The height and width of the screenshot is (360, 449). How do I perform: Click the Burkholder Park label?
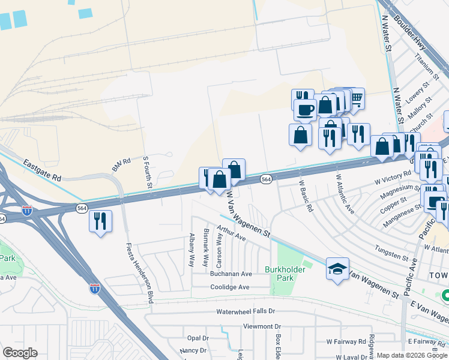[285, 274]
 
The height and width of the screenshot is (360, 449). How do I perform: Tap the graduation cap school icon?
[337, 268]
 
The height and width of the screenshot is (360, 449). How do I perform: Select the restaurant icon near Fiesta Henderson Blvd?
[100, 220]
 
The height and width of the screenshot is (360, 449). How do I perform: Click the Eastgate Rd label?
[43, 170]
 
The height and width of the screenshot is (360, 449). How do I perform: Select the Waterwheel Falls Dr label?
[246, 312]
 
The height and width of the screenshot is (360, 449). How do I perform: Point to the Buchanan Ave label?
[231, 274]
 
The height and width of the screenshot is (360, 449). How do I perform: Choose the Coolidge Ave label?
[229, 287]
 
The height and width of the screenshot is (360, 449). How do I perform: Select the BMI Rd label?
[121, 164]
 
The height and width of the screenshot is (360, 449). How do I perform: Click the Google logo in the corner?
[20, 353]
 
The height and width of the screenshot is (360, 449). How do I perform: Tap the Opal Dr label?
[197, 338]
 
